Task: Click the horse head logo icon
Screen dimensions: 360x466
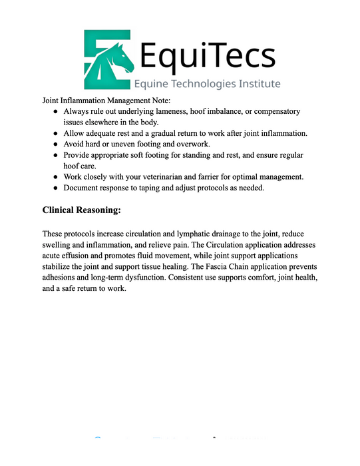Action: [108, 58]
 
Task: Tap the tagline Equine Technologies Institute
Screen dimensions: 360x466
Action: [207, 84]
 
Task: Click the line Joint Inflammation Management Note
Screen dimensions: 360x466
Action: [107, 100]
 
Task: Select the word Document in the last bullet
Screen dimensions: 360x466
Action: [83, 188]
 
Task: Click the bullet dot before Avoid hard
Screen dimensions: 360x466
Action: [56, 144]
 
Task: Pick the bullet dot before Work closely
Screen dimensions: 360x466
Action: [56, 176]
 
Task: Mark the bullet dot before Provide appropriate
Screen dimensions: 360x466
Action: [56, 155]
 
